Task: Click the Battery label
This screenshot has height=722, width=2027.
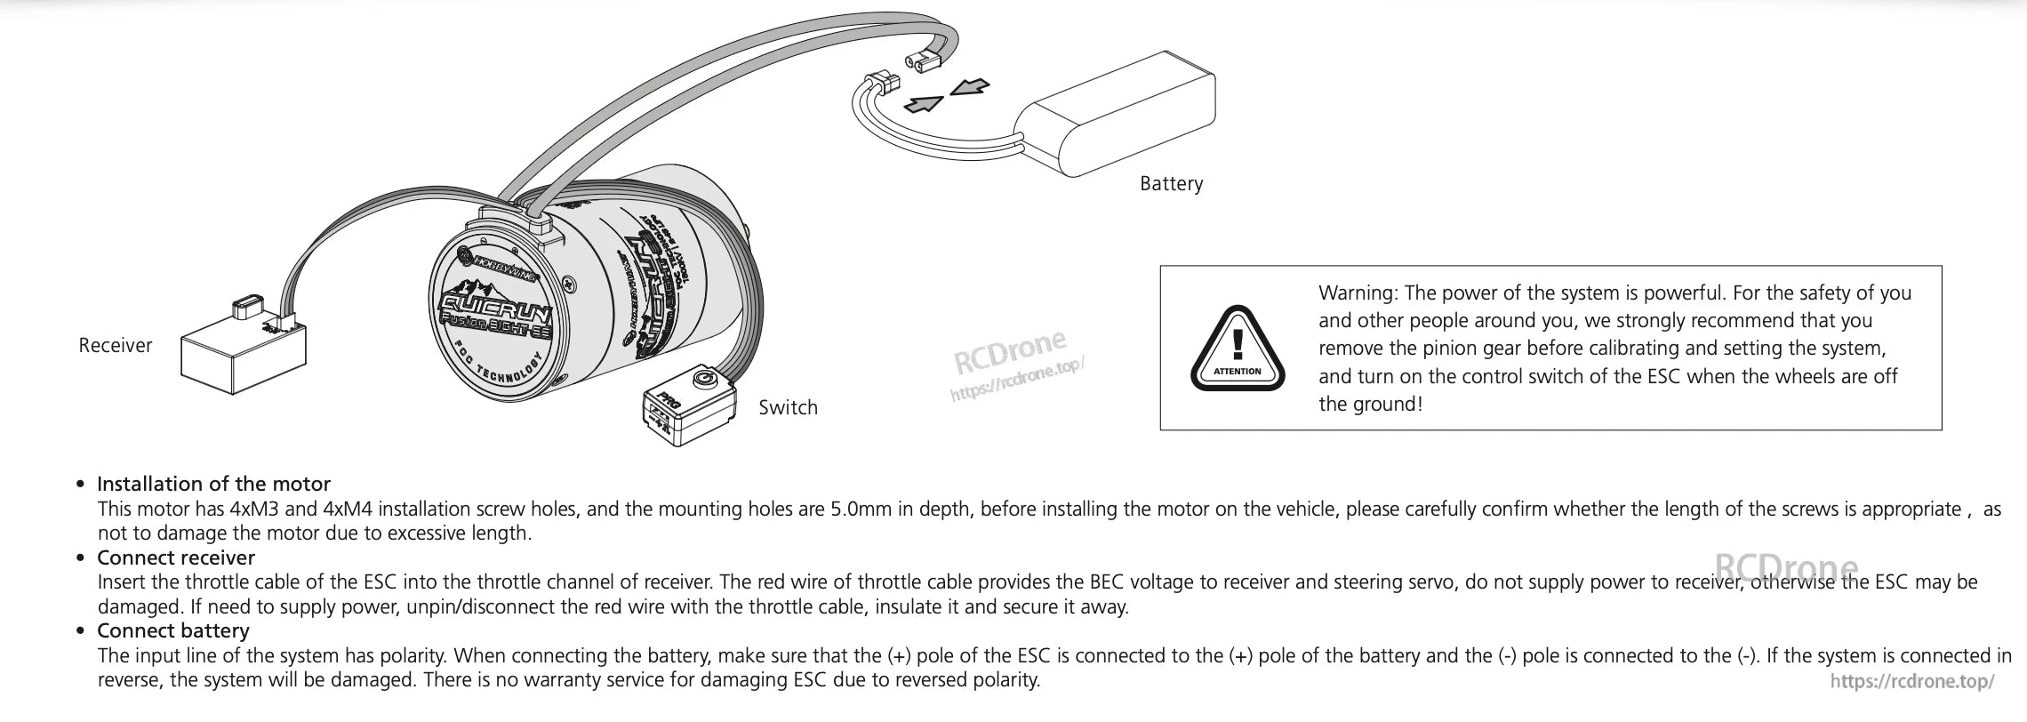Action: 1171,184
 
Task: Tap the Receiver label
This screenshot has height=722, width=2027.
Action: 115,346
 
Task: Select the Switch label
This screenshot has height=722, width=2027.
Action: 788,408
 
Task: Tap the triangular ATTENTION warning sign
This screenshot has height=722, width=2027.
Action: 1238,349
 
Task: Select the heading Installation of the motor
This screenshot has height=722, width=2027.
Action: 213,485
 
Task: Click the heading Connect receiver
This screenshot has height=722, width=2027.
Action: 176,558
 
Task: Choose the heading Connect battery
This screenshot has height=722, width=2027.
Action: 173,631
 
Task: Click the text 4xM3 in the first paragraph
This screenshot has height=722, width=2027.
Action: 255,509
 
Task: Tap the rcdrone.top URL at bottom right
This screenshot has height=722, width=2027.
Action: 1912,681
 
